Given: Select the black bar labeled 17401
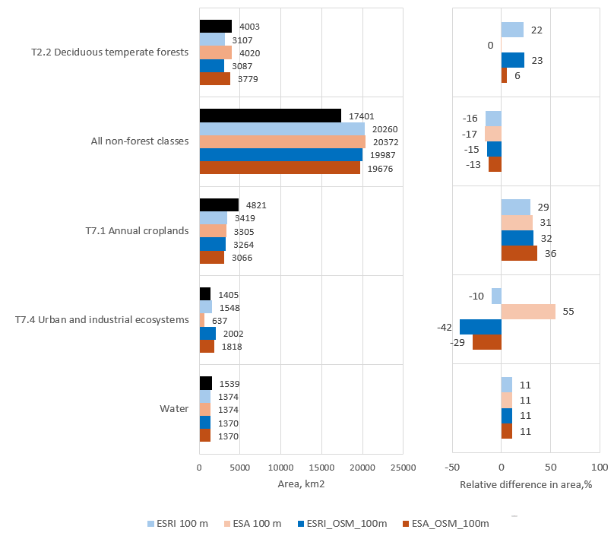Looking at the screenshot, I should click(270, 116).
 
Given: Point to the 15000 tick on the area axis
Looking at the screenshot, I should click(322, 467).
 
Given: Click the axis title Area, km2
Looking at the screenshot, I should click(300, 484).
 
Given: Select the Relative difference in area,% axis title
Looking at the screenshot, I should click(526, 484).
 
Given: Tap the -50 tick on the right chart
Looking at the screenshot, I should click(453, 467).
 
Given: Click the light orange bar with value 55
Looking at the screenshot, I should click(528, 312).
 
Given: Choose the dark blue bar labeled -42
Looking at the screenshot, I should click(480, 327).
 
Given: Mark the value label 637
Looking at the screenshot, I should click(220, 321).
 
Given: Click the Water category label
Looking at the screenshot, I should click(174, 408).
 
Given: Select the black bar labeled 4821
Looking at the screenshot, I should click(219, 205).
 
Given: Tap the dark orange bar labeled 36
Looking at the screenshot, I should click(519, 253).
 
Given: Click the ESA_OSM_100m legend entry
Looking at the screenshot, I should click(451, 523).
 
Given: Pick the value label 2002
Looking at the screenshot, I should click(233, 334).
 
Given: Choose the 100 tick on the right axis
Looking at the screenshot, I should click(599, 467).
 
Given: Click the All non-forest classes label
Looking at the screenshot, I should click(139, 141).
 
